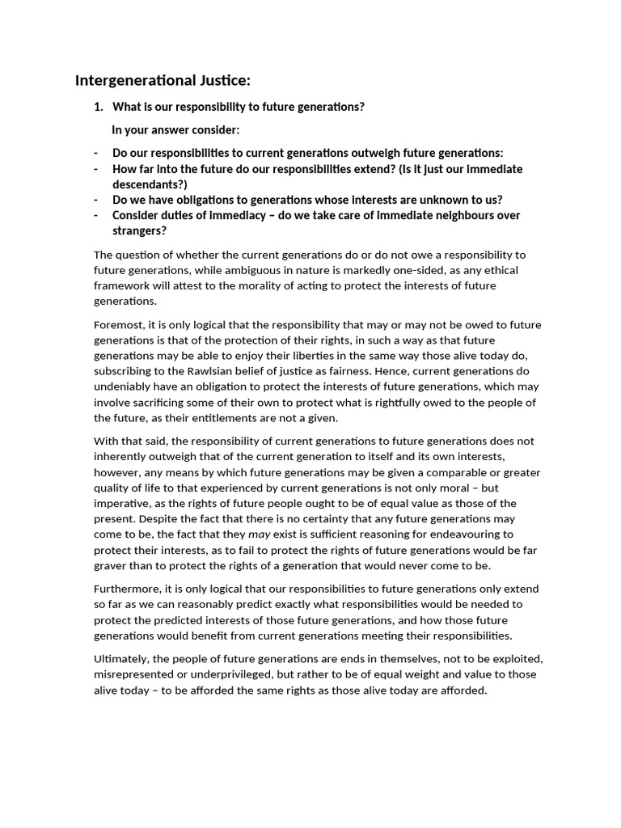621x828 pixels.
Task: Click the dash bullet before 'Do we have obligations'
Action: tap(96, 200)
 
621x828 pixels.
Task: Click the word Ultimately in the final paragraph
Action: tap(121, 659)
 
